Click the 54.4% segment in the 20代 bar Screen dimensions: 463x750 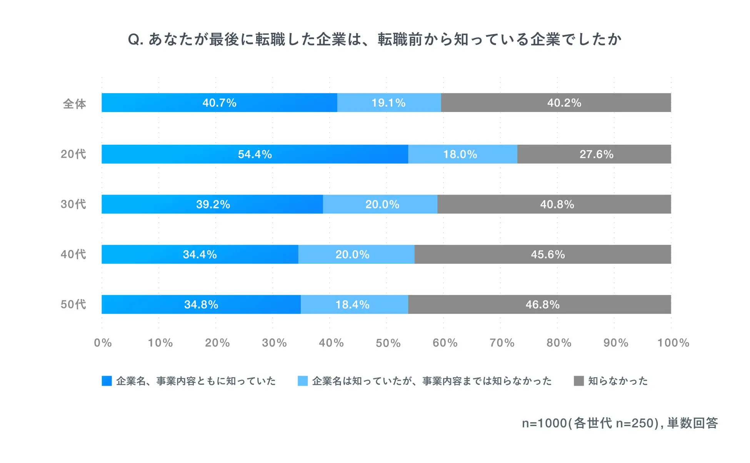[x=255, y=154]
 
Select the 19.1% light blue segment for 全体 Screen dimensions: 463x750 [x=388, y=103]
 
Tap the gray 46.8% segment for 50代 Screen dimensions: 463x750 [x=542, y=304]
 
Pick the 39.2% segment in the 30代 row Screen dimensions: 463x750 [x=213, y=204]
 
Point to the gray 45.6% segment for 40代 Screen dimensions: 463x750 [x=548, y=254]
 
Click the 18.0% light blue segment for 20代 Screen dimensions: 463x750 [x=460, y=154]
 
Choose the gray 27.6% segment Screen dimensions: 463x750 [x=596, y=154]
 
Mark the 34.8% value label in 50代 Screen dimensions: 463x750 [x=201, y=304]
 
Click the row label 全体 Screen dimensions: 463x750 [x=74, y=104]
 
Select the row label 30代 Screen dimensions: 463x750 [x=73, y=204]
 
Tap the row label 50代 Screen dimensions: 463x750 [x=73, y=304]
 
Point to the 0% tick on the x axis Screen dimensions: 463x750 [x=103, y=343]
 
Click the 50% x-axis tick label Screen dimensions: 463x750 [x=388, y=343]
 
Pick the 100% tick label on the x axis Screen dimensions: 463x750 [x=673, y=343]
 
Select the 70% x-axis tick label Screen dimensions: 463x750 [x=502, y=343]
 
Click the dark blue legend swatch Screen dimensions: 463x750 [x=107, y=381]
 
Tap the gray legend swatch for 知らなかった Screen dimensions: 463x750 [x=578, y=381]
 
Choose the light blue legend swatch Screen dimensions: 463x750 [x=303, y=381]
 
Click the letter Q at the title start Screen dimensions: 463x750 [x=134, y=39]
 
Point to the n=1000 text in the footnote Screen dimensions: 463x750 [x=544, y=423]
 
